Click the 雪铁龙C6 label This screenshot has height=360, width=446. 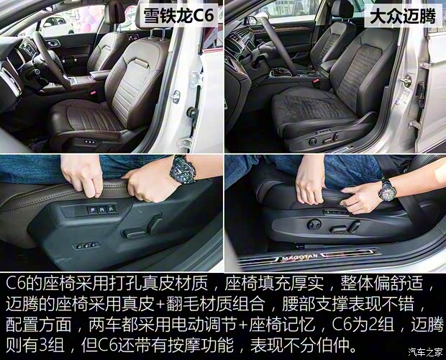coord(179,15)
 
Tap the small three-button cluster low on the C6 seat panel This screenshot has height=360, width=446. coord(85,246)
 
